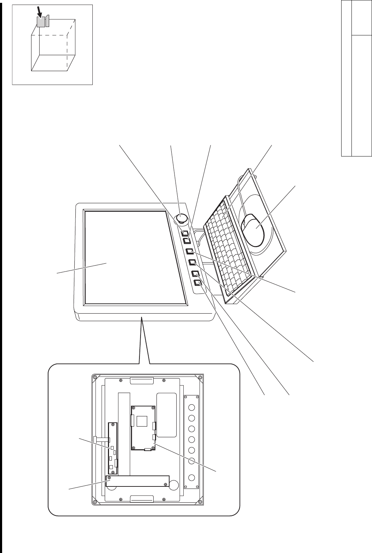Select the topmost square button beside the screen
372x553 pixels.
pyautogui.click(x=185, y=233)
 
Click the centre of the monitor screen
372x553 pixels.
pyautogui.click(x=135, y=257)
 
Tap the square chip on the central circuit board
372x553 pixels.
pyautogui.click(x=142, y=421)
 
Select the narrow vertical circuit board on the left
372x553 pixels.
pyautogui.click(x=113, y=448)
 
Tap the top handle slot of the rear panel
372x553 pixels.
pyautogui.click(x=142, y=381)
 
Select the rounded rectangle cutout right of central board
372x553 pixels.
pyautogui.click(x=166, y=415)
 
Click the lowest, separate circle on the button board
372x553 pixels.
pyautogui.click(x=191, y=477)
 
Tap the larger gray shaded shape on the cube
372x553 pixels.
pyautogui.click(x=40, y=22)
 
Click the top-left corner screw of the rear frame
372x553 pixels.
pyautogui.click(x=95, y=377)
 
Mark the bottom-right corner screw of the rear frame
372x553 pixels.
pyautogui.click(x=201, y=502)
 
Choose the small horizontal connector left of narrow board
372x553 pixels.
pyautogui.click(x=102, y=439)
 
